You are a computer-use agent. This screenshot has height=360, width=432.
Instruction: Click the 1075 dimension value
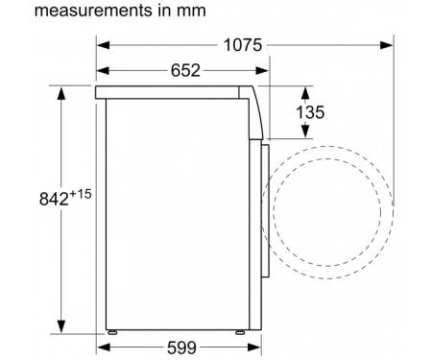[x=243, y=45]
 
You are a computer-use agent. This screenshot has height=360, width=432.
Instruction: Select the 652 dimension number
[x=185, y=70]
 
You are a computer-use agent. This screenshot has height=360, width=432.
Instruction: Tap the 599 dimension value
[x=181, y=348]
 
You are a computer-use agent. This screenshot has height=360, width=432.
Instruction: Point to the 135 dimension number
[x=310, y=112]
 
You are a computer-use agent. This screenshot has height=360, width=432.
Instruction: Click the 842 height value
[x=54, y=199]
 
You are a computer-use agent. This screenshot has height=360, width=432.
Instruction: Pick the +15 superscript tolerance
[x=81, y=194]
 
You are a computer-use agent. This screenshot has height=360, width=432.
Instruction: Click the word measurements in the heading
[x=93, y=11]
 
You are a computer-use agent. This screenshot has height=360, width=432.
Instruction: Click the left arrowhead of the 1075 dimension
[x=103, y=45]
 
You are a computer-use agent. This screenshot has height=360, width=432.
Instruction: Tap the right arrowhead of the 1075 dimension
[x=387, y=45]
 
